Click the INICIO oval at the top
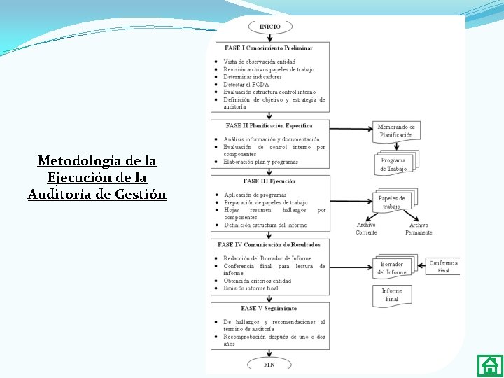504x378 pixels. pyautogui.click(x=270, y=27)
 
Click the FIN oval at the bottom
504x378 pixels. pyautogui.click(x=269, y=365)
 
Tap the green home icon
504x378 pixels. pyautogui.click(x=489, y=365)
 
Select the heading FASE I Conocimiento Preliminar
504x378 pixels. pyautogui.click(x=268, y=48)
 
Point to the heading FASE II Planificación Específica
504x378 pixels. pyautogui.click(x=269, y=126)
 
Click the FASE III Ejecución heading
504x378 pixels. pyautogui.click(x=269, y=181)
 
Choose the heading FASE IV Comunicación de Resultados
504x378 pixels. pyautogui.click(x=269, y=245)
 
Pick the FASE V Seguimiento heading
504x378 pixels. pyautogui.click(x=269, y=308)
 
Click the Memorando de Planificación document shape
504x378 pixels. pyautogui.click(x=396, y=131)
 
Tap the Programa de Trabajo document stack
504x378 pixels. pyautogui.click(x=394, y=164)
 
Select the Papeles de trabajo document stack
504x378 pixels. pyautogui.click(x=393, y=202)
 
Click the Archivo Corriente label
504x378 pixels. pyautogui.click(x=366, y=229)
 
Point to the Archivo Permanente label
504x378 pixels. pyautogui.click(x=419, y=229)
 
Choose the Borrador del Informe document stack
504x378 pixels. pyautogui.click(x=393, y=268)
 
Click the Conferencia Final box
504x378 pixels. pyautogui.click(x=443, y=267)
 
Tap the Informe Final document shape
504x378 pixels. pyautogui.click(x=392, y=295)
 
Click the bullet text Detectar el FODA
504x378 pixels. pyautogui.click(x=246, y=85)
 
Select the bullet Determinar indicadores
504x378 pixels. pyautogui.click(x=253, y=77)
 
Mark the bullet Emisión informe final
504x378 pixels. pyautogui.click(x=251, y=288)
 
